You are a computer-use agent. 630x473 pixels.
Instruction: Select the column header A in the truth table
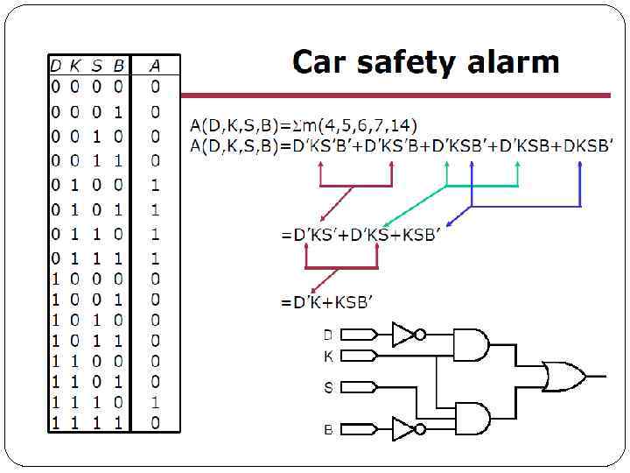pyautogui.click(x=154, y=65)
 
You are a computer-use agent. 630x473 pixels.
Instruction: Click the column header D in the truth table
pyautogui.click(x=55, y=65)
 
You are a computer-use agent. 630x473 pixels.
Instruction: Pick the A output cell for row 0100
pyautogui.click(x=155, y=186)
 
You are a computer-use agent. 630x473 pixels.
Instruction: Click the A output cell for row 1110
pyautogui.click(x=155, y=403)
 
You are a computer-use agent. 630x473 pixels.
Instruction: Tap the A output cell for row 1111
pyautogui.click(x=155, y=423)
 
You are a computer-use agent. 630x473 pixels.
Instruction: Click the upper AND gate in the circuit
pyautogui.click(x=471, y=344)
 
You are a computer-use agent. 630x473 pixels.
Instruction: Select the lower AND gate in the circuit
pyautogui.click(x=471, y=418)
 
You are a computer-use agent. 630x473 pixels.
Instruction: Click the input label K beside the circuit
pyautogui.click(x=328, y=357)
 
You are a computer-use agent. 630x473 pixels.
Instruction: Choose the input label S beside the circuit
pyautogui.click(x=328, y=387)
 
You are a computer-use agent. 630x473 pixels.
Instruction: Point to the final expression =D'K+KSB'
pyautogui.click(x=327, y=302)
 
